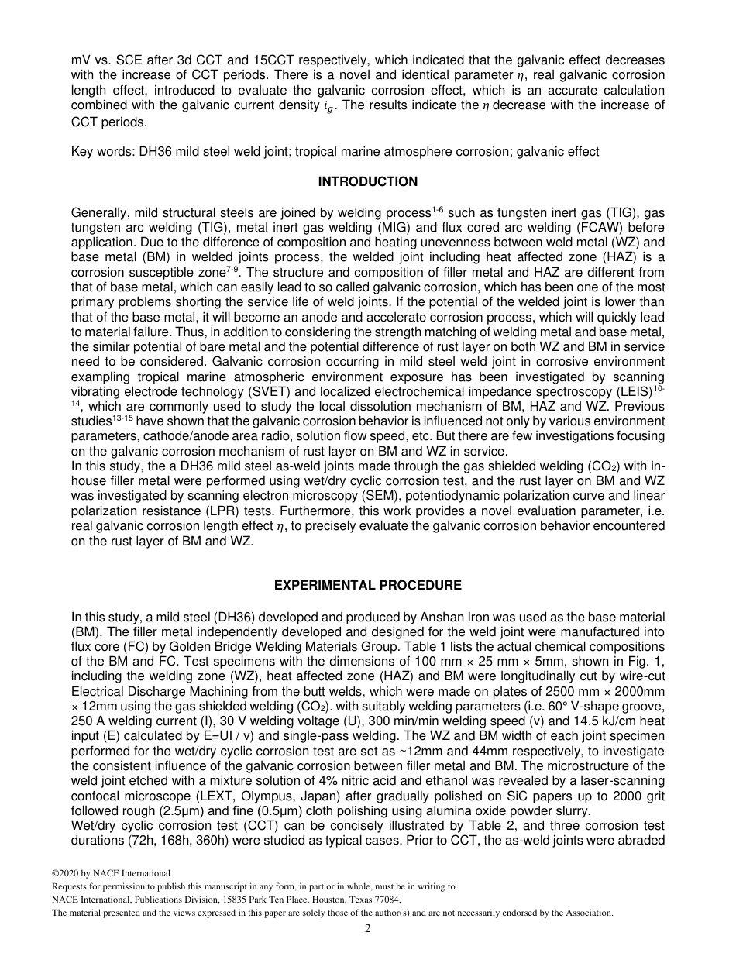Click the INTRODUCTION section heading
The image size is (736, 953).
pos(367,182)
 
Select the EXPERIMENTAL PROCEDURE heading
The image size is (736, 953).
pos(367,586)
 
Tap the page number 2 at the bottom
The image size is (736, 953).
pos(368,929)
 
